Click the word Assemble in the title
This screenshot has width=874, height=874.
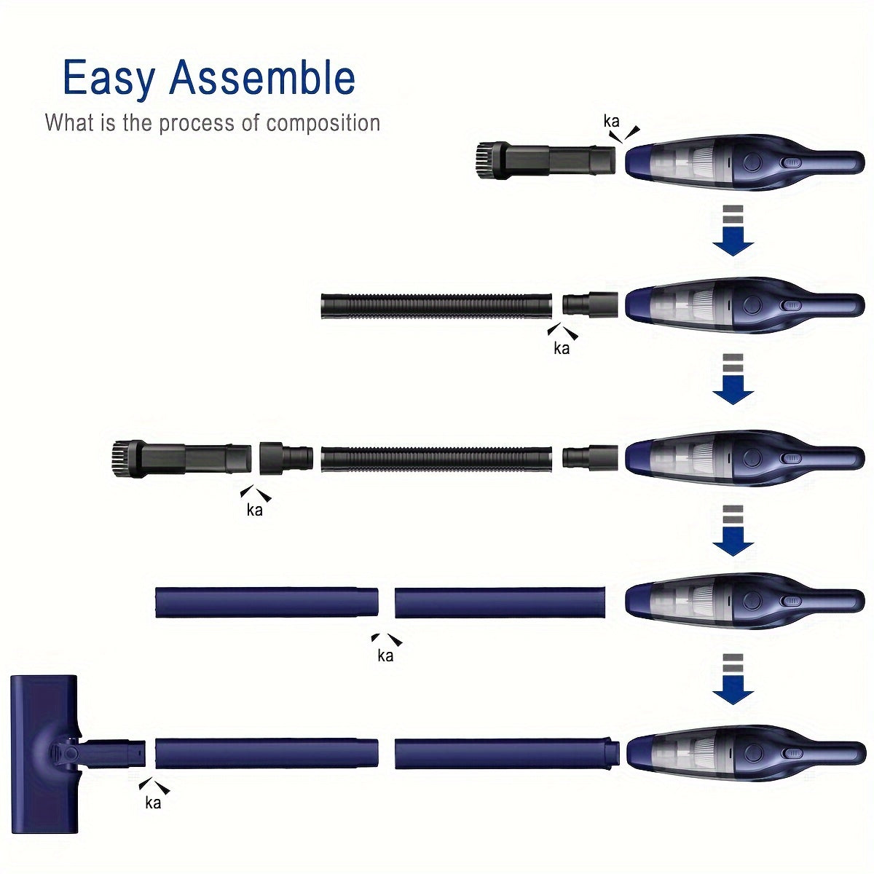click(261, 77)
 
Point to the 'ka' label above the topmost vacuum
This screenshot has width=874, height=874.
click(611, 121)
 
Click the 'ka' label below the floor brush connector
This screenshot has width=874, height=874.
click(153, 803)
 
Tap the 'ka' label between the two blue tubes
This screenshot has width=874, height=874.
click(385, 655)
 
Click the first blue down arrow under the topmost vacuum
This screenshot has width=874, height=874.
click(733, 230)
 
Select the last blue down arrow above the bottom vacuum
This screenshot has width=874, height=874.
click(733, 680)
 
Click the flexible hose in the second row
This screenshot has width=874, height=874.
click(437, 306)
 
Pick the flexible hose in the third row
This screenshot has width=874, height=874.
click(437, 458)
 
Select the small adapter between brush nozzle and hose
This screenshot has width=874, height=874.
click(286, 457)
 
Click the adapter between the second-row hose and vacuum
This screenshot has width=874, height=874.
click(590, 305)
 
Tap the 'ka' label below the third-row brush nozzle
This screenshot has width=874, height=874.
click(254, 511)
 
